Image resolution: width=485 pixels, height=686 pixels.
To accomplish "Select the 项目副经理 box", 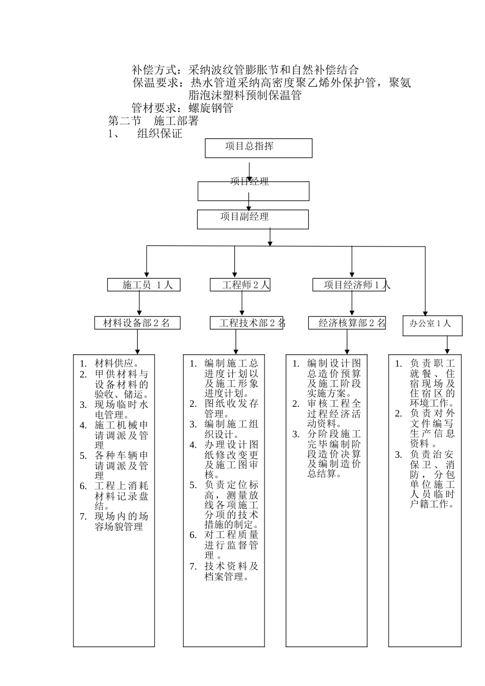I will coord(253,218).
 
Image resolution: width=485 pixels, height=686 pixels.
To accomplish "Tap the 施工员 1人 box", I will coord(143,285).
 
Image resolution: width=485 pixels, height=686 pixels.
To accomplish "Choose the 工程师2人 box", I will coord(240,285).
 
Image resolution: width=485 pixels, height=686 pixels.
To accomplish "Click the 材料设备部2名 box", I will coord(137,323).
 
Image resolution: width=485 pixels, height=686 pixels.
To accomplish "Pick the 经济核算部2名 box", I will coord(347,323).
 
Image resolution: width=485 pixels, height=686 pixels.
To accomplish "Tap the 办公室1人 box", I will coord(432,325).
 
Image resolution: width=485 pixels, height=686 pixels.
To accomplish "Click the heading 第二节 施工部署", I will coord(153,121).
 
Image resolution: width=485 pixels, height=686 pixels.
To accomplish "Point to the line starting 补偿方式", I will coord(245,70).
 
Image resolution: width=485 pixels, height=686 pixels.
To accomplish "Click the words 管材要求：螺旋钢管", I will coord(182,108).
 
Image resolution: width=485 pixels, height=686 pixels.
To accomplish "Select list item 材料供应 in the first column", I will coord(117,363).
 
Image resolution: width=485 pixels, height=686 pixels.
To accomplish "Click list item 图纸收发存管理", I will coord(231,408).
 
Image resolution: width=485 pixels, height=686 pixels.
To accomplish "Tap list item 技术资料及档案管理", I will coord(231,572).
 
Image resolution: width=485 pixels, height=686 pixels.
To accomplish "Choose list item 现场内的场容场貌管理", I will coord(121,521).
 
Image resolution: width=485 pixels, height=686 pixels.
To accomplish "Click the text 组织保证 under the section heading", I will coord(160,134).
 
